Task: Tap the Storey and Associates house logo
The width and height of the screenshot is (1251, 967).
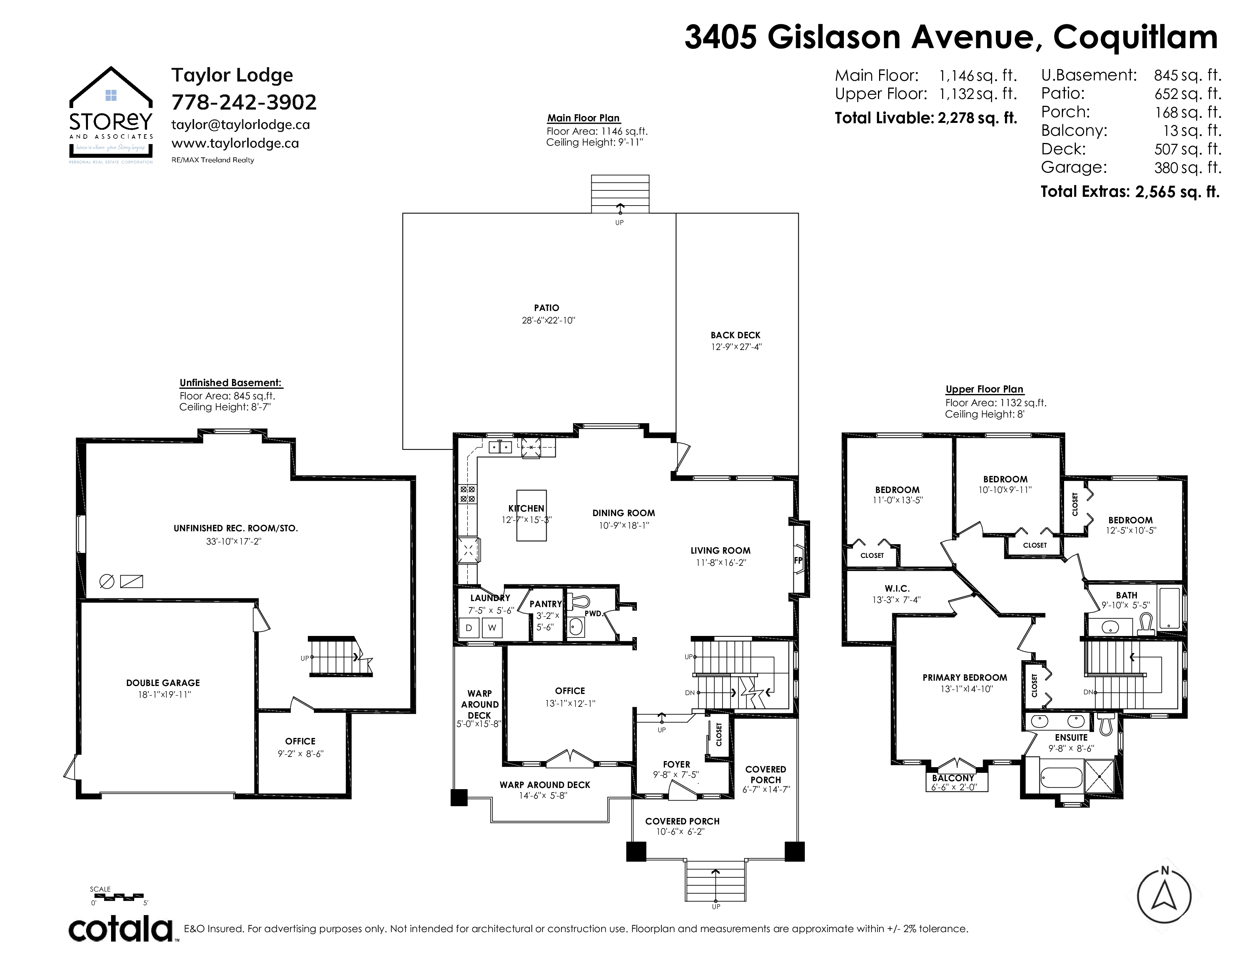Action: coord(111,115)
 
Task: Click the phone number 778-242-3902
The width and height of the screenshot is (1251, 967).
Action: coord(244,102)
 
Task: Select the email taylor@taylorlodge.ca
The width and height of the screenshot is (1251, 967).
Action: coord(241,124)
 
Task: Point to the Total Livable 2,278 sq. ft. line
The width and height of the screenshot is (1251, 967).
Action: coord(926,118)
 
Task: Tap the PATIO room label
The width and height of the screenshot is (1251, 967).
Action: coord(546,308)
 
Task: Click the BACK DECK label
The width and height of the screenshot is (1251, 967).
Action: coord(735,335)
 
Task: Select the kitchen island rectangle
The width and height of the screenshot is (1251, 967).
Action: coord(531,515)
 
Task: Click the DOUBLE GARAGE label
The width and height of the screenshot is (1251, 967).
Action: coord(163,683)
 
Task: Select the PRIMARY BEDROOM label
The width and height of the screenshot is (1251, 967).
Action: coord(965,678)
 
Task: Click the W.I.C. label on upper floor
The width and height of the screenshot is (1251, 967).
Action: coord(897,588)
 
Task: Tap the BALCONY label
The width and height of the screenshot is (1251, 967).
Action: coord(953,778)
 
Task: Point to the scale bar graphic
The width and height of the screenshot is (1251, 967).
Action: coord(117,895)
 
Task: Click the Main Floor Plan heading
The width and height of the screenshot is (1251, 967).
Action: coord(583,118)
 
